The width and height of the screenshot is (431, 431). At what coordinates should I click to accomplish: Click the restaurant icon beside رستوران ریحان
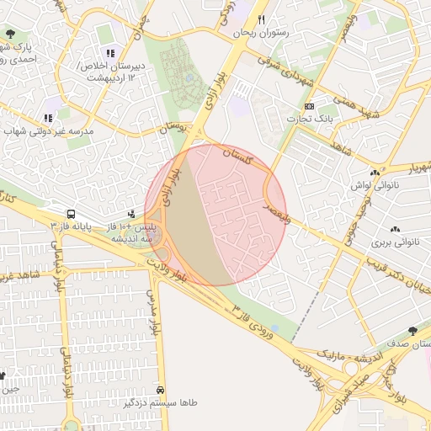[262, 19]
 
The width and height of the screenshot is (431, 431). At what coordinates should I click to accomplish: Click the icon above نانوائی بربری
[395, 230]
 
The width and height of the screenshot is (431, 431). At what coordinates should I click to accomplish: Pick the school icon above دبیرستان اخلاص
[109, 53]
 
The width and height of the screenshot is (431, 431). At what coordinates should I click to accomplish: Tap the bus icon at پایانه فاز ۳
[71, 215]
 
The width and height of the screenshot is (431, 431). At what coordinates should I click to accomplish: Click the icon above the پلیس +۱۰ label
[130, 215]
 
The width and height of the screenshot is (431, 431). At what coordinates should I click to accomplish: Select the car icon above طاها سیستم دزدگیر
[160, 391]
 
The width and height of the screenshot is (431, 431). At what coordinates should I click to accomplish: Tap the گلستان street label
[238, 154]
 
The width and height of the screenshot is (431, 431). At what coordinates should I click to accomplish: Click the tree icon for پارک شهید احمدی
[10, 35]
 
